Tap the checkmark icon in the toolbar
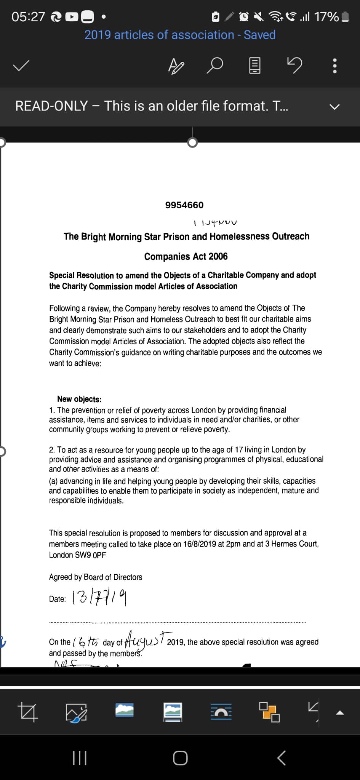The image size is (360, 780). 21,66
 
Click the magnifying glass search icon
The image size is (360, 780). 214,66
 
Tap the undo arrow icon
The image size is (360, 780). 294,65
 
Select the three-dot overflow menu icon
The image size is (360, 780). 334,66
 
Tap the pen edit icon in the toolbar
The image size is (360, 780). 176,66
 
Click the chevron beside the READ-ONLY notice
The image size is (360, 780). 334,107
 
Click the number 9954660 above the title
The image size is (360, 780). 184,205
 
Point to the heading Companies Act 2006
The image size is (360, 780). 186,256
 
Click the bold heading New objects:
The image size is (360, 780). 79,399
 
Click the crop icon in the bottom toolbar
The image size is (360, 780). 28,712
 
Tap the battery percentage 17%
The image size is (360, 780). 326,17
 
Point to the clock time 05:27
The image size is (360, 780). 28,17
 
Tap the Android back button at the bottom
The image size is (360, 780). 281,758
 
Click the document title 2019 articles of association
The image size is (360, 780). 159,35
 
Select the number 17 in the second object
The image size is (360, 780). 238,449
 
